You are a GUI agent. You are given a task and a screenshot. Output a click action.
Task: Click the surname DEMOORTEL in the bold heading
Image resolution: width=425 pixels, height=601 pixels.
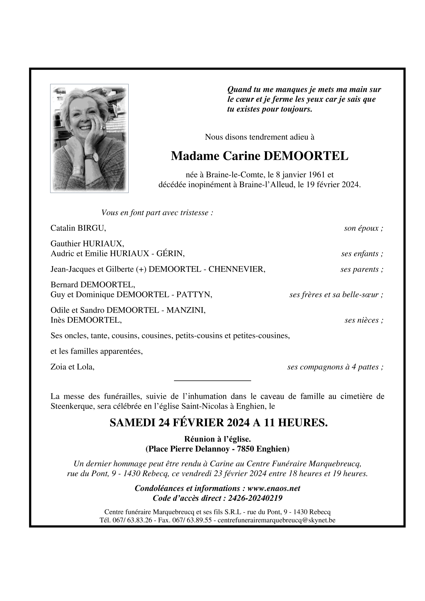(306, 156)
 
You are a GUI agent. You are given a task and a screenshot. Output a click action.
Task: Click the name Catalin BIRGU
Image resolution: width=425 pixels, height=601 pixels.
(78, 228)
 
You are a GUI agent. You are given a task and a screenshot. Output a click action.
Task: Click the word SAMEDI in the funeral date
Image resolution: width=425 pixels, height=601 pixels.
(132, 422)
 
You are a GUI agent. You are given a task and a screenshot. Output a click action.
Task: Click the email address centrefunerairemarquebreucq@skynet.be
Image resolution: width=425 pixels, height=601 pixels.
(276, 520)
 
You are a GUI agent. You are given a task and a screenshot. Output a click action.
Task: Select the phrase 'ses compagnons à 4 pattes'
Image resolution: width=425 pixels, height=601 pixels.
(334, 367)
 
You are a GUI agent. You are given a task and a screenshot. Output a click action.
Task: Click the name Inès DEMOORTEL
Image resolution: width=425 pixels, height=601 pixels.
(86, 320)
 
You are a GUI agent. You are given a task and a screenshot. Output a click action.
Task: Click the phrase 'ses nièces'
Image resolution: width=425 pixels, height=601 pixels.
(362, 320)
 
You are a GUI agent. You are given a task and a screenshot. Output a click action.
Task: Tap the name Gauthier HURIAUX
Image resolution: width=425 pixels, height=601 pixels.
(87, 244)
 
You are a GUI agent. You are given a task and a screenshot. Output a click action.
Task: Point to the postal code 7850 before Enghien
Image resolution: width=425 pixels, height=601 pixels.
(246, 449)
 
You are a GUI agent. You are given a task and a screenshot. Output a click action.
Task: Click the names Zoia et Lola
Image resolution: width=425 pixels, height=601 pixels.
(72, 367)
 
